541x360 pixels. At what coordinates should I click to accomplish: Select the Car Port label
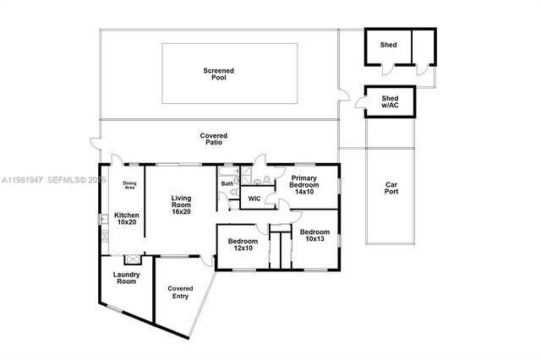pyautogui.click(x=391, y=188)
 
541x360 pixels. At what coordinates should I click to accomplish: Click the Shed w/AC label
pyautogui.click(x=389, y=100)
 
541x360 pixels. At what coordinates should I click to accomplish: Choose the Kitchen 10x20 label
pyautogui.click(x=126, y=220)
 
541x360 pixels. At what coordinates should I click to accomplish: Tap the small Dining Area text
pyautogui.click(x=129, y=186)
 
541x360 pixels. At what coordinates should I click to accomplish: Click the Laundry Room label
pyautogui.click(x=126, y=278)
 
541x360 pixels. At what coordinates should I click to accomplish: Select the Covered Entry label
pyautogui.click(x=180, y=292)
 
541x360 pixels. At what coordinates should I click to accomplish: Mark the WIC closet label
pyautogui.click(x=254, y=199)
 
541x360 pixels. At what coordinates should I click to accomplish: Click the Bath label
pyautogui.click(x=227, y=183)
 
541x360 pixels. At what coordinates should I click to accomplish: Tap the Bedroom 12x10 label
pyautogui.click(x=243, y=244)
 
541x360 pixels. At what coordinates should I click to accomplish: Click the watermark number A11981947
pyautogui.click(x=21, y=181)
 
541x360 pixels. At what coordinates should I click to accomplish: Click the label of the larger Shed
pyautogui.click(x=389, y=45)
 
